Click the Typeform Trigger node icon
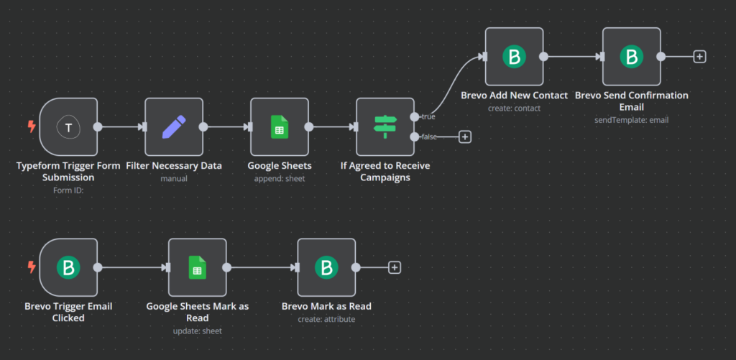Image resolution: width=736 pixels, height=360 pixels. pos(68,127)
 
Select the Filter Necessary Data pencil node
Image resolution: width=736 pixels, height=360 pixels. pos(174,127)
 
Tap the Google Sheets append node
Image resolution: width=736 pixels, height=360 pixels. pos(280,127)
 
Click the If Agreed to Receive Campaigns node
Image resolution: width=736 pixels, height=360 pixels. pos(385,127)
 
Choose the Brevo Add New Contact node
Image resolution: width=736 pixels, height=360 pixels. pos(514,57)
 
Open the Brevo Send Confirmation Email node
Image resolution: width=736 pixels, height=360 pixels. pos(631,57)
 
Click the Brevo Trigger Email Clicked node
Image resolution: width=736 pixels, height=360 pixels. pos(68,267)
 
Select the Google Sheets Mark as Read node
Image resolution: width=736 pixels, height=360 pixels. pos(197,267)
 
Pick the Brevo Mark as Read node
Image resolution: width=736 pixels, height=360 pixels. pos(326,267)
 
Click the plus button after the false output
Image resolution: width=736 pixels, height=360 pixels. pos(465,137)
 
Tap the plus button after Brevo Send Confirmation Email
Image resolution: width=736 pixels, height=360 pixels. pos(699,57)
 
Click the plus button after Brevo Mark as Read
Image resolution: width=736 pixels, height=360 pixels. pos(394,267)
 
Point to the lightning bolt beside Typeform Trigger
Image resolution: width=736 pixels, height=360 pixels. pos(31,127)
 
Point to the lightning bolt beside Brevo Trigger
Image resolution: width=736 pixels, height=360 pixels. pos(31,267)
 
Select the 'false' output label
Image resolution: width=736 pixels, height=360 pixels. pos(428,137)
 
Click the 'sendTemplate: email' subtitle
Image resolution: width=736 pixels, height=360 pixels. pos(631,120)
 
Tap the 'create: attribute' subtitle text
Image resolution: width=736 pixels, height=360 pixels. pos(326,319)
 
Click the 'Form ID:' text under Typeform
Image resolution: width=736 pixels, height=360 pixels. pos(68,190)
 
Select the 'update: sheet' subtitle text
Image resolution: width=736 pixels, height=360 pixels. pos(197,331)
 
